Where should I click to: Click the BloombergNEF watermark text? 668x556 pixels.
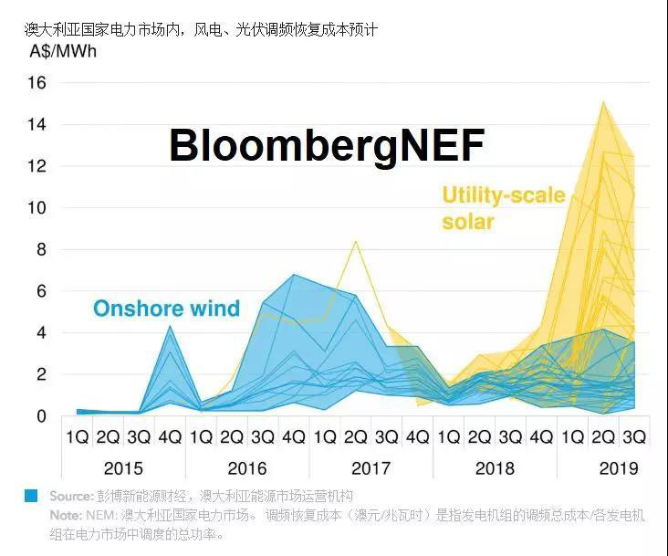pyautogui.click(x=327, y=146)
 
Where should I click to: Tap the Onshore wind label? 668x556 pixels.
pyautogui.click(x=166, y=308)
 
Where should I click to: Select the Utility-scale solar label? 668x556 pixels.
pyautogui.click(x=504, y=208)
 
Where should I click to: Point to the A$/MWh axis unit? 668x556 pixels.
pyautogui.click(x=63, y=51)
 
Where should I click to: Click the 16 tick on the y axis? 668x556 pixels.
pyautogui.click(x=37, y=83)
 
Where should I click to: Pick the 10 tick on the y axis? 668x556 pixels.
pyautogui.click(x=37, y=208)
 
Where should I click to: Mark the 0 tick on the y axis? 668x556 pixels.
pyautogui.click(x=41, y=416)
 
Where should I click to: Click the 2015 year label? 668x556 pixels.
pyautogui.click(x=123, y=468)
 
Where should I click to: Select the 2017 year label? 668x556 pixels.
pyautogui.click(x=371, y=468)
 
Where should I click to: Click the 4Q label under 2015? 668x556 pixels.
pyautogui.click(x=170, y=437)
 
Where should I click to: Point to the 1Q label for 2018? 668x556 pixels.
pyautogui.click(x=448, y=437)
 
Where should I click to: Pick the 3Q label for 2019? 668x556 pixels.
pyautogui.click(x=633, y=437)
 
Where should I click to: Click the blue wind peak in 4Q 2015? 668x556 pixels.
pyautogui.click(x=170, y=327)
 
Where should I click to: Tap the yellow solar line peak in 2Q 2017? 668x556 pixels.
pyautogui.click(x=355, y=242)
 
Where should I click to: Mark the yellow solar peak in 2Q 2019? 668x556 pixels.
pyautogui.click(x=602, y=102)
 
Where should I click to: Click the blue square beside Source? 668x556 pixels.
pyautogui.click(x=32, y=496)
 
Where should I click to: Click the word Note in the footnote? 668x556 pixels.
pyautogui.click(x=66, y=514)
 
